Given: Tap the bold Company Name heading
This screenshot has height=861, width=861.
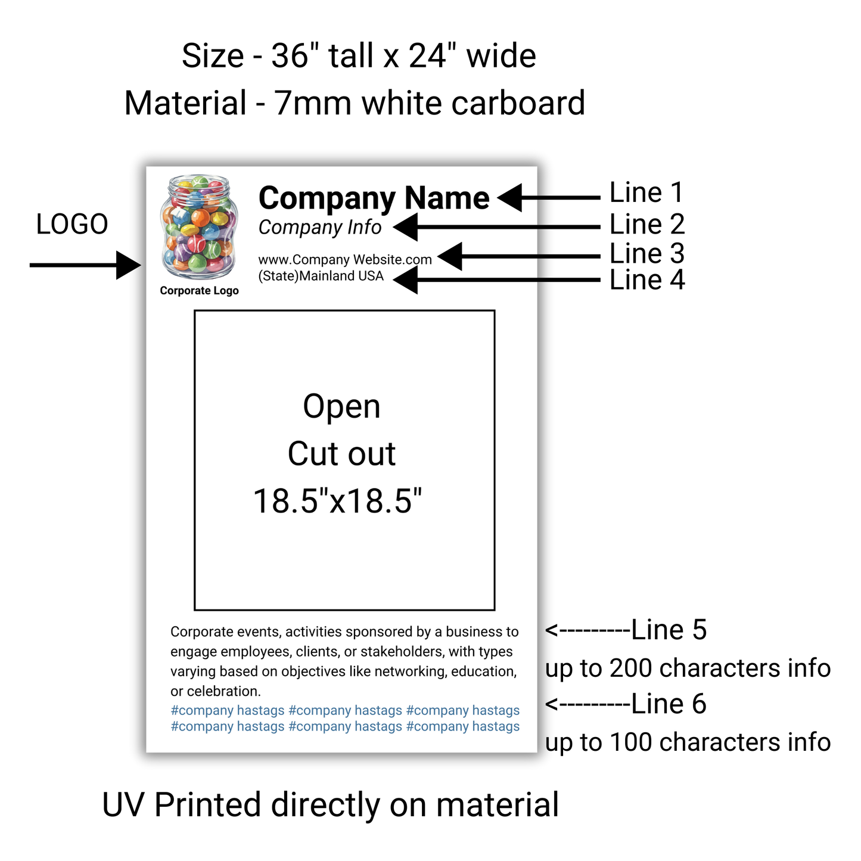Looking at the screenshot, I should coord(374,198).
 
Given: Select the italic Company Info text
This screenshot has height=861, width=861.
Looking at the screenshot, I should coord(320,228).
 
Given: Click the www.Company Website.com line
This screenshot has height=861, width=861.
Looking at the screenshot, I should coord(345,260).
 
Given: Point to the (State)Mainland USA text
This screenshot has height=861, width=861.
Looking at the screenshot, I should coord(321,276).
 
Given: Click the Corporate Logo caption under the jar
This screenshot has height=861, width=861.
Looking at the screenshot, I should coord(199,291).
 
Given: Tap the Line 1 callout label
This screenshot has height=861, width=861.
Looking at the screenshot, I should coord(646,193).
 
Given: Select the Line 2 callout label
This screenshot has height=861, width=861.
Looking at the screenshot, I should coord(647,225).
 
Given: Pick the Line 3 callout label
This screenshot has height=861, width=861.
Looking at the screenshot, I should coord(647,254).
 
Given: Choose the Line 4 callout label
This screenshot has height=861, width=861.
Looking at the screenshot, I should coord(647,280).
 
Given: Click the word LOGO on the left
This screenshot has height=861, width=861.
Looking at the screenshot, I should coord(72,225).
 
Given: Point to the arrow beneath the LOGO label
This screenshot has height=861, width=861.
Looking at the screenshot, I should coord(85,265).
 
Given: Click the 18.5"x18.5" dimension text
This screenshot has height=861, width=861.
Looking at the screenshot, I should coord(338,501).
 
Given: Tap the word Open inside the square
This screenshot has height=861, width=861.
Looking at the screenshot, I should coord(341,407).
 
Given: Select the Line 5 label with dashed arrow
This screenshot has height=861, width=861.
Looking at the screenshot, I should coord(626,630).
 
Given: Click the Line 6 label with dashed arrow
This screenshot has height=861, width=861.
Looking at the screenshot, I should coord(626,704).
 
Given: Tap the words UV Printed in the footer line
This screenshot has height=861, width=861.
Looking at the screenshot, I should coord(182,805).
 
